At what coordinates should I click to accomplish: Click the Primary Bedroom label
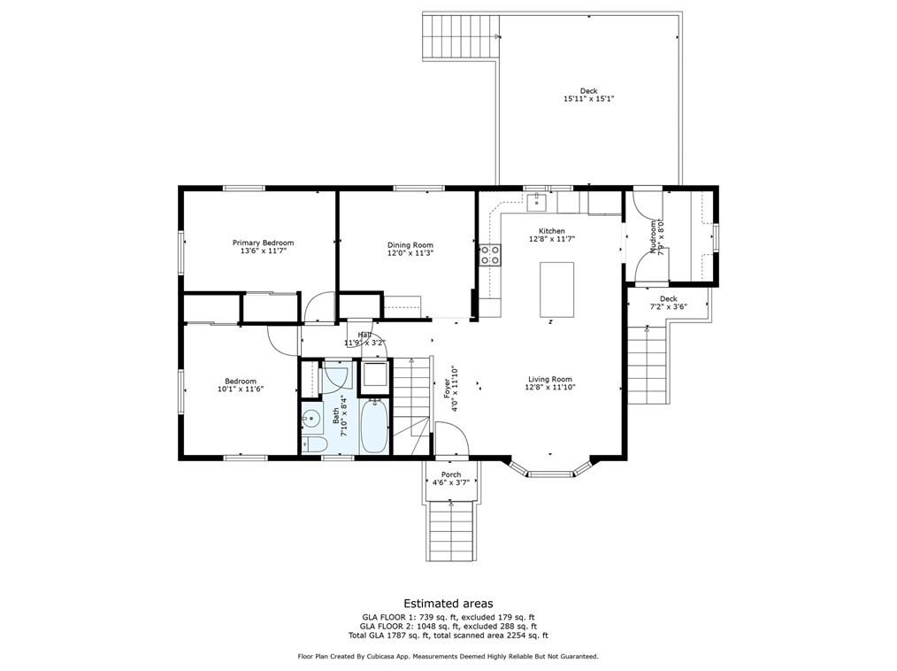[263, 243]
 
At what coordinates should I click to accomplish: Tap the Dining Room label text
[410, 245]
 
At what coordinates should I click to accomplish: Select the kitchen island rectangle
[556, 289]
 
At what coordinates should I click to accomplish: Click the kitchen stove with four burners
[490, 255]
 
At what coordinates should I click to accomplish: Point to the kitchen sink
[537, 202]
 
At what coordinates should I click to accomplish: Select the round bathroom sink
[310, 420]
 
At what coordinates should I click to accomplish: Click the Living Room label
[549, 379]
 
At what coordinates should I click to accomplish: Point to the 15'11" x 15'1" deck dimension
[588, 98]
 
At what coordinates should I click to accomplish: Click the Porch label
[451, 474]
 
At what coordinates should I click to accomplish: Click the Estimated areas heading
[448, 604]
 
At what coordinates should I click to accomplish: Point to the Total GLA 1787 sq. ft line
[448, 636]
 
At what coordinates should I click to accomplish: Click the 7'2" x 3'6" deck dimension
[668, 306]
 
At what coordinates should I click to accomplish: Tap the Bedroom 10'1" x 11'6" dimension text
[241, 389]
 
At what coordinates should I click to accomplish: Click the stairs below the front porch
[452, 532]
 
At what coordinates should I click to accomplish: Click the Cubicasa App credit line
[448, 657]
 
